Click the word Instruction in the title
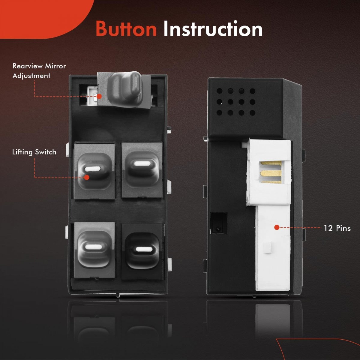213,28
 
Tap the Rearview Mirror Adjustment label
39,71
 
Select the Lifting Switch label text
34,152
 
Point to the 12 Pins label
337,228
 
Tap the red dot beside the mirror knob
99,96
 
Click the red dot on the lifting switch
86,177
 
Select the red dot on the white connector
277,227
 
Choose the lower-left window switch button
94,250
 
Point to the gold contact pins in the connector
271,172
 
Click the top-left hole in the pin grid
219,91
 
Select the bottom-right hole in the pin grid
252,113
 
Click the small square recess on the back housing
218,223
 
